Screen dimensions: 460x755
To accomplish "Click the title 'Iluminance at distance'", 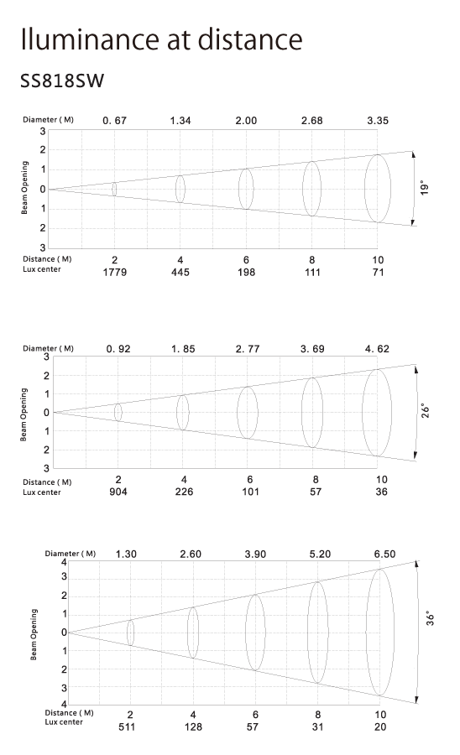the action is point(161,39).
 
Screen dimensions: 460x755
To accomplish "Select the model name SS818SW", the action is point(62,81).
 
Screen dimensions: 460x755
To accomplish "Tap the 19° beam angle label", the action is point(425,188).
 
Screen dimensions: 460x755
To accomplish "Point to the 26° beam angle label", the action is point(426,411).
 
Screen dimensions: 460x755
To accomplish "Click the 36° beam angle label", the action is point(430,618).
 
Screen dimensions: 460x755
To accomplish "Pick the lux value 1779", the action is point(115,273).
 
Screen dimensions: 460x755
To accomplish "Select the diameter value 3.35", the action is point(378,120).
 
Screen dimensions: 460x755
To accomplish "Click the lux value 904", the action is point(118,492).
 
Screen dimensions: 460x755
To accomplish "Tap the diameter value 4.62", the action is point(377,349).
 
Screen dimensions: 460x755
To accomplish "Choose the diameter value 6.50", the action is point(384,554).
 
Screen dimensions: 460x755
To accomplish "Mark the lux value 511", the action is point(127,726).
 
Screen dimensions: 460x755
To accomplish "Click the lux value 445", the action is point(180,273).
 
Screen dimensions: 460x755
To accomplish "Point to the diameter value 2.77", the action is point(248,349).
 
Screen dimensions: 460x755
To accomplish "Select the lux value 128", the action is point(193,726).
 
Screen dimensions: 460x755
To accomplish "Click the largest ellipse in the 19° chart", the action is point(364,188).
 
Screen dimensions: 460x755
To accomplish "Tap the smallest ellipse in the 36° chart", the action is point(127,633).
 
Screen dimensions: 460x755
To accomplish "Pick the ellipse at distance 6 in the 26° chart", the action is point(237,413).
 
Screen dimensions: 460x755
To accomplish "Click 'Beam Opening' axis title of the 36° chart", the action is point(34,634).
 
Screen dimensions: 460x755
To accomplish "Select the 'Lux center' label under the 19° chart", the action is point(42,269).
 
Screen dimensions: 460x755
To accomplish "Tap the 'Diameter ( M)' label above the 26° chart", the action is point(48,348).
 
